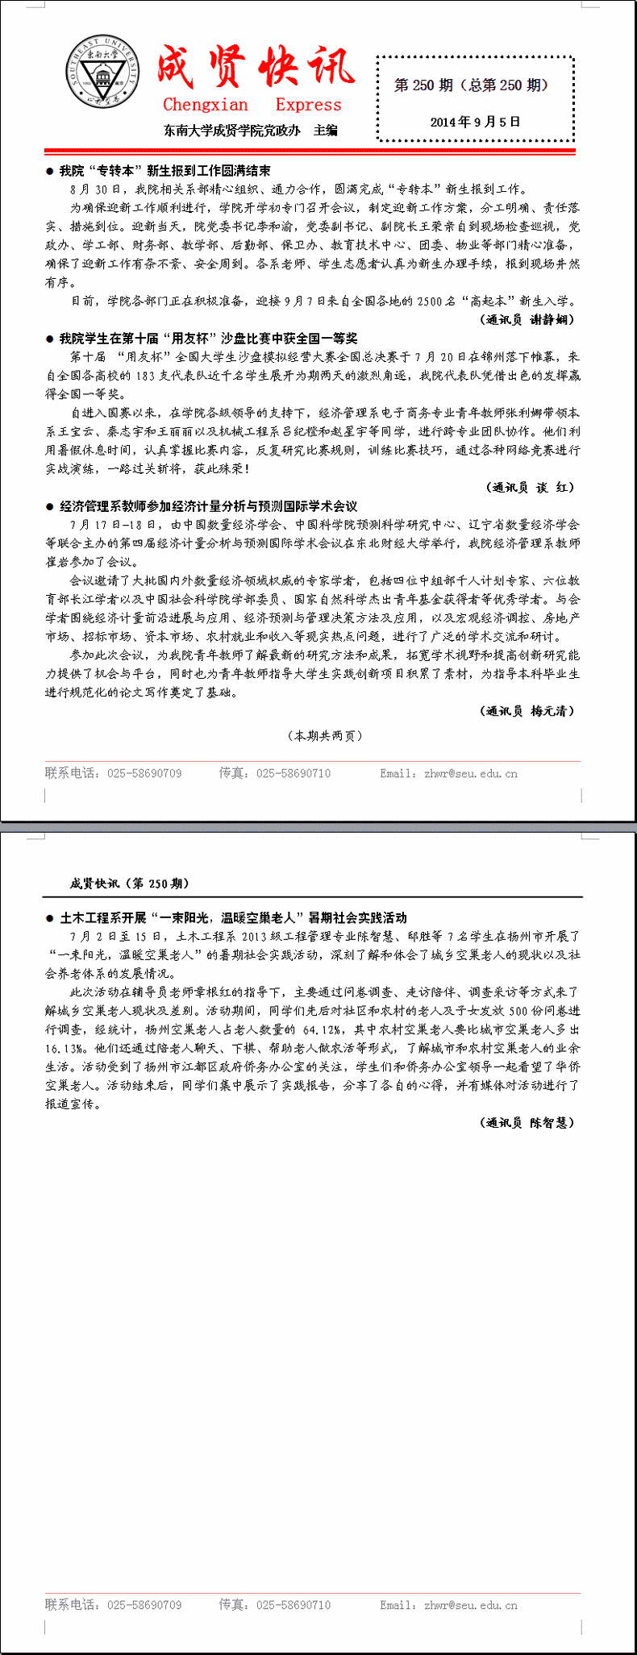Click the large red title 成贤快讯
[255, 68]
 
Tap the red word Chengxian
[206, 105]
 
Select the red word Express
[308, 105]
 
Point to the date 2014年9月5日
[475, 122]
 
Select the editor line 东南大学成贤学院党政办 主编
[251, 130]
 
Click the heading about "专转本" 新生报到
[164, 171]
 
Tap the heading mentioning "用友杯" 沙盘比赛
[208, 339]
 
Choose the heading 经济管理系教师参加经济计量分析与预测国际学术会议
[208, 506]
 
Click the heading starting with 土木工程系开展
[233, 917]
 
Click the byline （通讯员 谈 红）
[531, 487]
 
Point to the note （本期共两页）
[325, 735]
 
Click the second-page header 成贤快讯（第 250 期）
[130, 884]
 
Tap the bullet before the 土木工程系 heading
[50, 918]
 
